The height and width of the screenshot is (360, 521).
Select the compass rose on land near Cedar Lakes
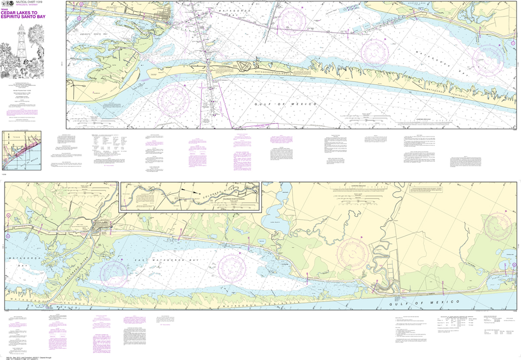pos(499,226)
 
